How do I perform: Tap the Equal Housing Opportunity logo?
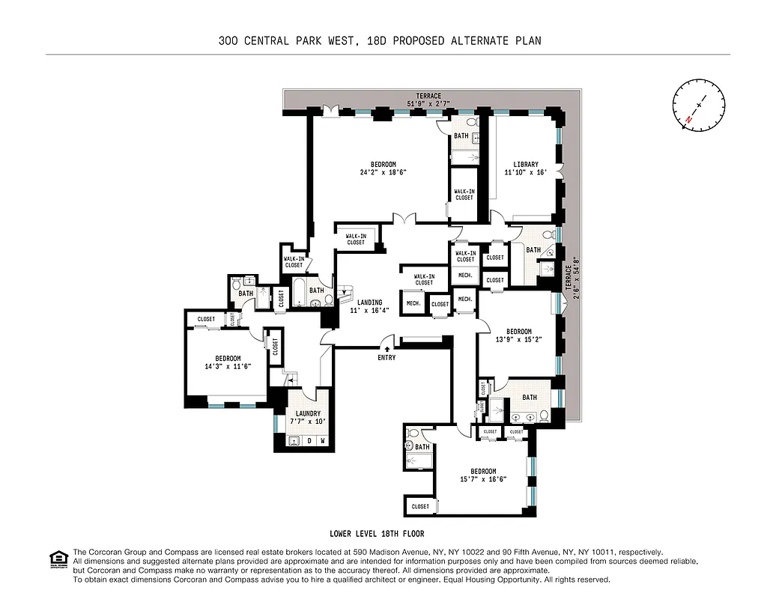(x=57, y=559)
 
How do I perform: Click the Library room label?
(x=526, y=168)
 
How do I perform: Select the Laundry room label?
(x=308, y=418)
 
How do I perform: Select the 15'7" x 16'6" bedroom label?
(x=483, y=475)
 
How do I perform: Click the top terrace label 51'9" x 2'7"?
(x=429, y=100)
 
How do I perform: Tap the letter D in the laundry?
(x=309, y=440)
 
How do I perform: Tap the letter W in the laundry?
(x=322, y=440)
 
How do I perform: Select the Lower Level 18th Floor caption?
(x=377, y=534)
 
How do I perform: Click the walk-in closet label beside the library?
(x=464, y=195)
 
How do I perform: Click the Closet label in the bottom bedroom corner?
(x=420, y=507)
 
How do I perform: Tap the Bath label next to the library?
(x=533, y=250)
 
